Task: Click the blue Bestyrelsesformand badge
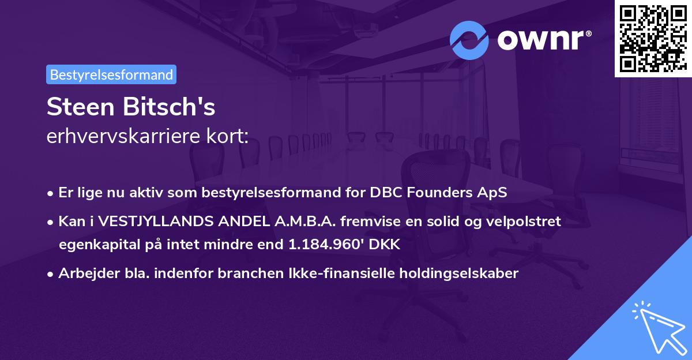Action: click(111, 74)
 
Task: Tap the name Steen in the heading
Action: click(81, 107)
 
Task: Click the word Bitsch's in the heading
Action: click(169, 107)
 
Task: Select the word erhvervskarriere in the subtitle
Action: click(123, 136)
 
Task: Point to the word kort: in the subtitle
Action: click(227, 136)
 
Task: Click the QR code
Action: click(653, 39)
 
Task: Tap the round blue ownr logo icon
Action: click(469, 40)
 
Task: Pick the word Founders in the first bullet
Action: click(439, 192)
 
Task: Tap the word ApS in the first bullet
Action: click(492, 193)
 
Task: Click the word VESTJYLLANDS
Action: click(156, 222)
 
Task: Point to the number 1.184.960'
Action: click(326, 244)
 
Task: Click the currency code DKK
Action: click(384, 244)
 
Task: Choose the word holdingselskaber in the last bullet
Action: click(459, 273)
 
